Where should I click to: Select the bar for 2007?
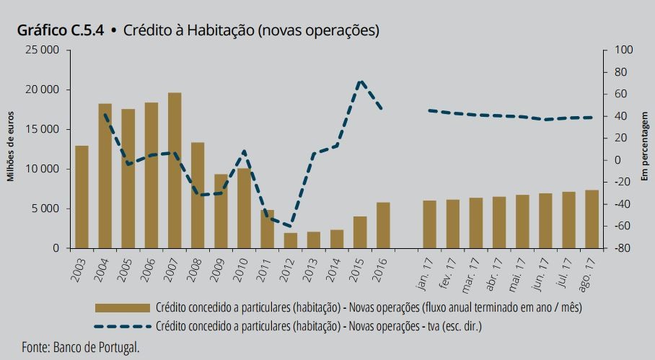(175, 170)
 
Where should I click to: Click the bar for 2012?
(291, 240)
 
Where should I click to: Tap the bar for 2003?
(82, 197)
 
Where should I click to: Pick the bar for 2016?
(383, 225)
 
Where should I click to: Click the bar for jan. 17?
(429, 224)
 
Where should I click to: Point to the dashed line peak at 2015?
(361, 81)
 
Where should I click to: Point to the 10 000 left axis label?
(43, 170)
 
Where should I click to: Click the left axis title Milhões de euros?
(11, 149)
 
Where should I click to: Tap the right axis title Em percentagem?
(644, 149)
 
